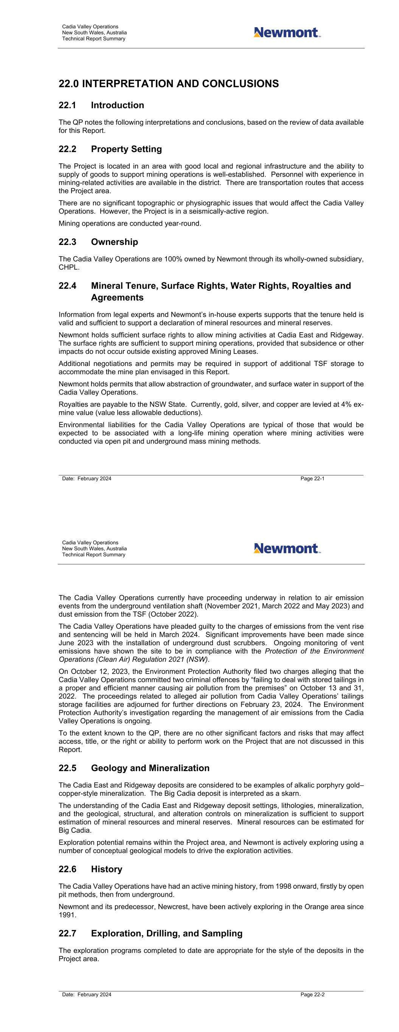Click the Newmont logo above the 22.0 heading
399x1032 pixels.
click(x=287, y=33)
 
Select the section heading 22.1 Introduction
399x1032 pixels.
click(x=101, y=105)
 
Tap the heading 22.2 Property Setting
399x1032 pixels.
click(x=110, y=149)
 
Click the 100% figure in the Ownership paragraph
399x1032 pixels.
click(x=172, y=259)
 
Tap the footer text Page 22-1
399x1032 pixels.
click(x=312, y=479)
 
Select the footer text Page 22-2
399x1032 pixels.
click(x=312, y=995)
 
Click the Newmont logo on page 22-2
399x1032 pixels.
click(x=287, y=549)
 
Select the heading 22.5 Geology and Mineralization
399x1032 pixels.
click(x=134, y=769)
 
